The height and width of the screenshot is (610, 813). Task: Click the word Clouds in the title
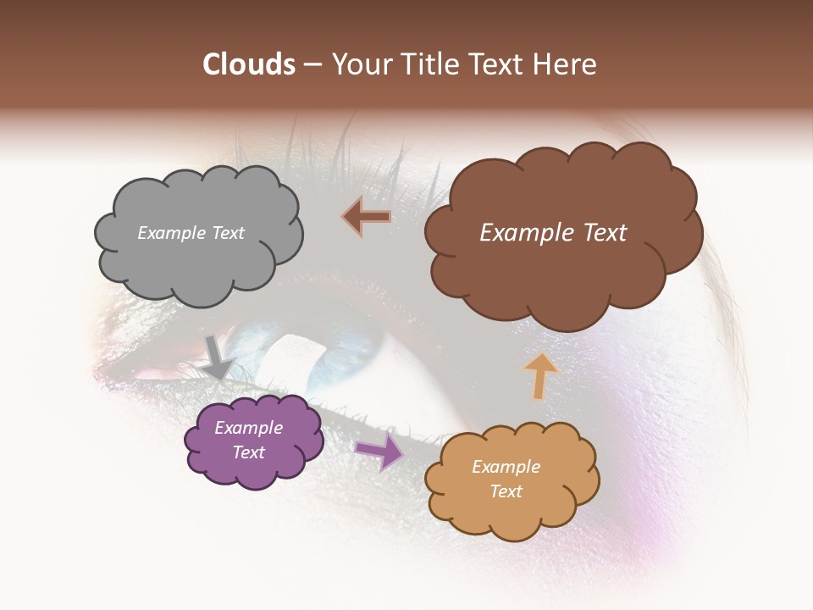pyautogui.click(x=249, y=64)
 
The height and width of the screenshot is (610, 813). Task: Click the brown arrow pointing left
pyautogui.click(x=367, y=217)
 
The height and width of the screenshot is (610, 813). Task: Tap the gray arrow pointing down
pyautogui.click(x=218, y=357)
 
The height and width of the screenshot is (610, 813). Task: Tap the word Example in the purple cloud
pyautogui.click(x=248, y=428)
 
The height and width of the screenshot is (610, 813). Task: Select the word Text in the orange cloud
pyautogui.click(x=506, y=491)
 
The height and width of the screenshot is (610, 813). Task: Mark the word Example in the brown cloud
pyautogui.click(x=524, y=233)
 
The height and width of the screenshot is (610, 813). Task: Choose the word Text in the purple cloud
pyautogui.click(x=248, y=452)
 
